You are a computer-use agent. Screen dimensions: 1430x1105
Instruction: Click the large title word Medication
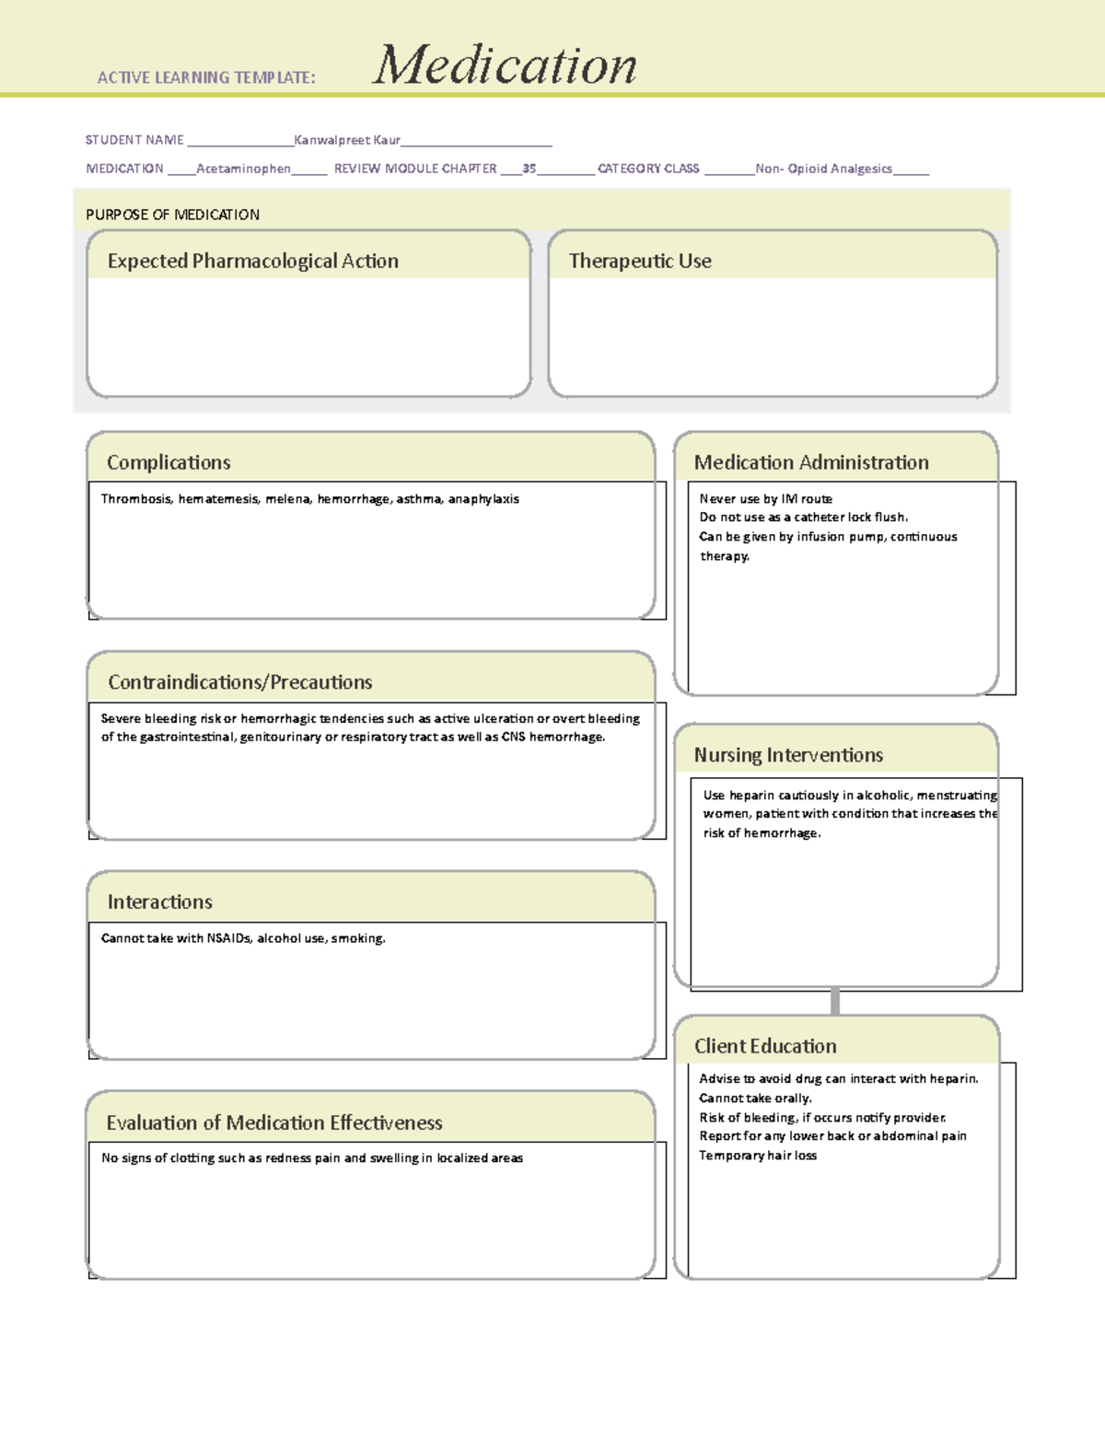pos(505,66)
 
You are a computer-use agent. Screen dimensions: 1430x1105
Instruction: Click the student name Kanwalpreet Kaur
pos(347,140)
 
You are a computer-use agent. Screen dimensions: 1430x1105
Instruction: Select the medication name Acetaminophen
pos(243,169)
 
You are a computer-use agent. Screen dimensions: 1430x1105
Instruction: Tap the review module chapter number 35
pos(529,169)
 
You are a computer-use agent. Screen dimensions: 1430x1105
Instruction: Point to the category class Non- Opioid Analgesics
pos(823,169)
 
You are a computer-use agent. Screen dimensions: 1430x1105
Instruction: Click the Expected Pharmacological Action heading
pos(253,261)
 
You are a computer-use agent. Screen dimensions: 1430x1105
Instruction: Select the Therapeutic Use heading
pos(640,261)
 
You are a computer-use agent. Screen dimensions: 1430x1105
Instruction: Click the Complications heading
pos(169,462)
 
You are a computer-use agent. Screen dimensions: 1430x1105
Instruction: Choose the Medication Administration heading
pos(811,462)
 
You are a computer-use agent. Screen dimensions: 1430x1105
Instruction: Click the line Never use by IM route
pos(765,499)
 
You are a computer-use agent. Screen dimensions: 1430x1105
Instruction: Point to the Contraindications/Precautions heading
pos(240,682)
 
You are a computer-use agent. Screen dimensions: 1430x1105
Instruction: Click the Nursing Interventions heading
pos(788,755)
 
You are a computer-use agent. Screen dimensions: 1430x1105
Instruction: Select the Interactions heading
pos(160,902)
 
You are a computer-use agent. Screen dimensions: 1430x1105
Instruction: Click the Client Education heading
pos(765,1046)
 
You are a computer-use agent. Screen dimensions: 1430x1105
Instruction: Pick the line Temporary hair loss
pos(758,1156)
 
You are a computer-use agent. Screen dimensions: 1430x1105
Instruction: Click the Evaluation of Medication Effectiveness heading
pos(274,1122)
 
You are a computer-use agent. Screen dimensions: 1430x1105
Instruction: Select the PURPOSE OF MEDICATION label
pos(172,215)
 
